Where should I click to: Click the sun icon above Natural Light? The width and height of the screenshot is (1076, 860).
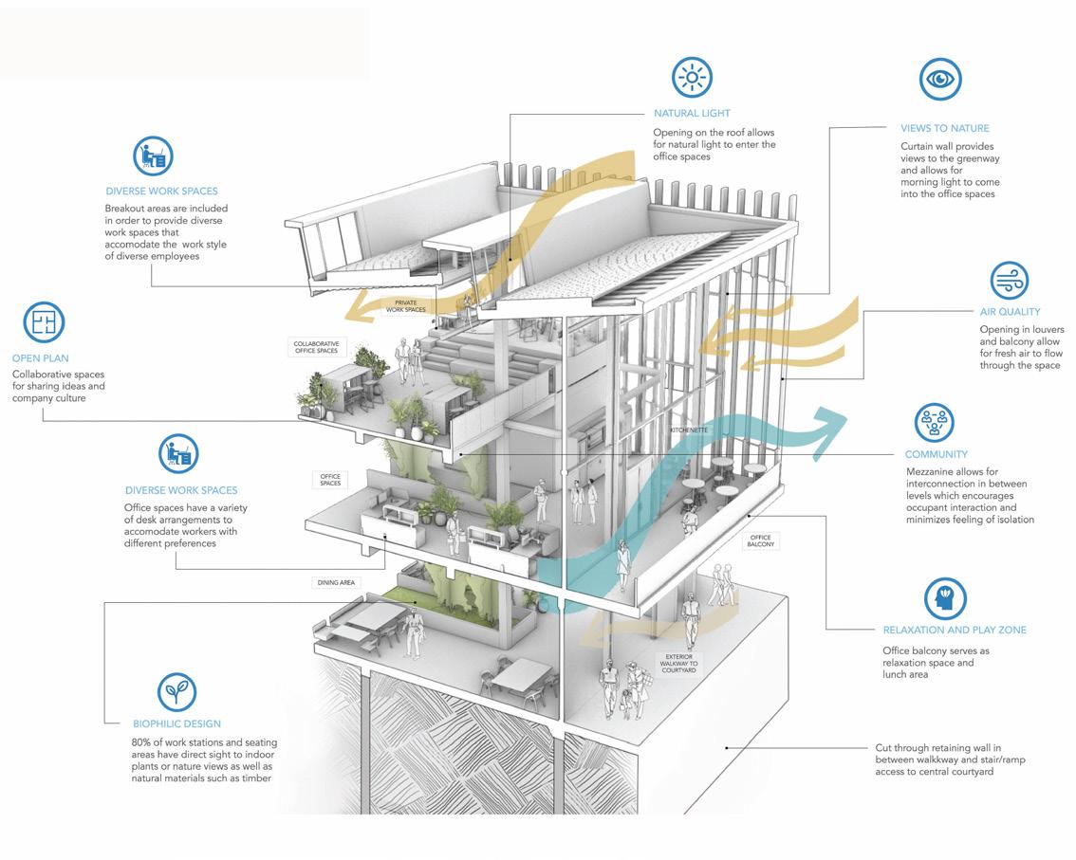(x=692, y=78)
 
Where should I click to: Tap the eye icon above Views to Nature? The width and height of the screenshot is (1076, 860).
(x=939, y=80)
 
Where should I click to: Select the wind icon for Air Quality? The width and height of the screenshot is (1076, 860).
(x=1010, y=281)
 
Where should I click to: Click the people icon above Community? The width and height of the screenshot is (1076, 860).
(x=935, y=423)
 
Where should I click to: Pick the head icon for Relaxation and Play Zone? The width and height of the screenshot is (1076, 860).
(x=945, y=598)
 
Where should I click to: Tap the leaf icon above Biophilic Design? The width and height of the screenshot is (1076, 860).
(x=177, y=692)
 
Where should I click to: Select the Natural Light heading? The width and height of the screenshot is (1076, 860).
(x=692, y=114)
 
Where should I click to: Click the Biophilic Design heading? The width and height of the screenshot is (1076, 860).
(x=176, y=724)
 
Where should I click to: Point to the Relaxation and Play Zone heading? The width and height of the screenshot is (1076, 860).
(x=955, y=630)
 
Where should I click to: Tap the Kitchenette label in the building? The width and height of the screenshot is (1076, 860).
(x=688, y=430)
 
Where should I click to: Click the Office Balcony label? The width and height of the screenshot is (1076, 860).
(x=761, y=540)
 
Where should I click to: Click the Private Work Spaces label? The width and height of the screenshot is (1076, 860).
(x=406, y=306)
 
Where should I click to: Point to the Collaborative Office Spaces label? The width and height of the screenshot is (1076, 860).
(x=316, y=347)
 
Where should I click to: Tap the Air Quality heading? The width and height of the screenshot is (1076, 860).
(x=1010, y=311)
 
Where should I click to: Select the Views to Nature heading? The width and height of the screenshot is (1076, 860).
(x=945, y=128)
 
